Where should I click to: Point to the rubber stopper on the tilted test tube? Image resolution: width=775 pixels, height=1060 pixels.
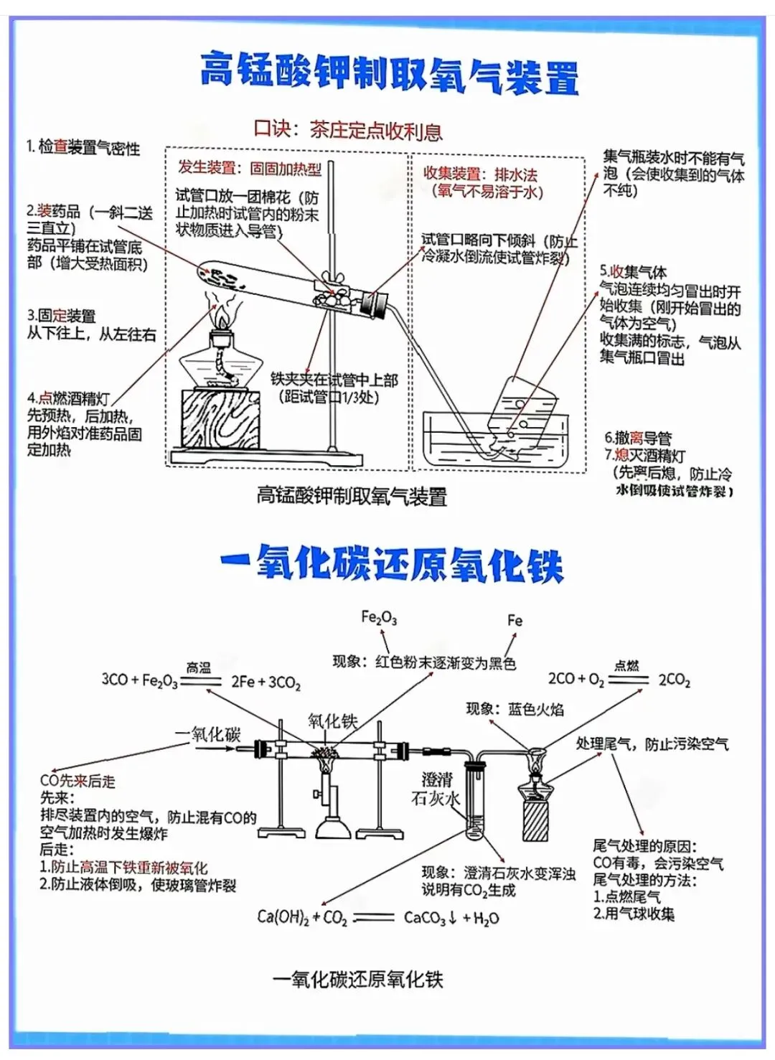tap(373, 304)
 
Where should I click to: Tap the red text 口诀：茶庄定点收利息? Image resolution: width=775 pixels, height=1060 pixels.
tap(347, 130)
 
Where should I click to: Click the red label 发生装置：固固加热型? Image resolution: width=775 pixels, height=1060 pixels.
tap(249, 168)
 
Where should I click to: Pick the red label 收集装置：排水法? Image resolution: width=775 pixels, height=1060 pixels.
tap(480, 174)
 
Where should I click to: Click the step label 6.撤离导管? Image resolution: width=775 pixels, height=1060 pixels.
tap(637, 438)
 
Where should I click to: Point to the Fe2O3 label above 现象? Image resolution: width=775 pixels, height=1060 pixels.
tap(378, 617)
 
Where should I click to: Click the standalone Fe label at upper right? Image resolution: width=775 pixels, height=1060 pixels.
tap(515, 620)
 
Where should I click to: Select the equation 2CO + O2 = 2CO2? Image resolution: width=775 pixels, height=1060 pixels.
tap(619, 679)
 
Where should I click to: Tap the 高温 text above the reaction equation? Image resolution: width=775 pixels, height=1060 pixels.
tap(198, 667)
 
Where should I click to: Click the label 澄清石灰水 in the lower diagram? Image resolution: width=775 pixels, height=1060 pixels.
tap(436, 789)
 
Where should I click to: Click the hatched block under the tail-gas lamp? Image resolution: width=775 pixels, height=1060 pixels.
tap(535, 821)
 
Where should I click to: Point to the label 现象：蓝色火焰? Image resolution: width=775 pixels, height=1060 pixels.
tap(515, 709)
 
